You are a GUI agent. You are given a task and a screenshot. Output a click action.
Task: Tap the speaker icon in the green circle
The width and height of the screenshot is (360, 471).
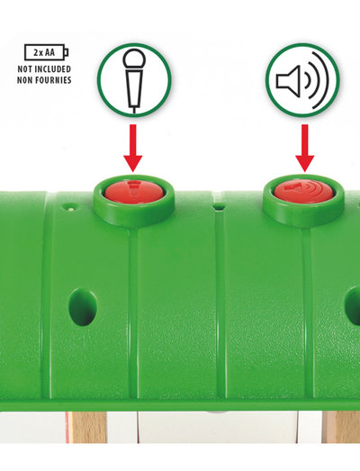click(x=302, y=80)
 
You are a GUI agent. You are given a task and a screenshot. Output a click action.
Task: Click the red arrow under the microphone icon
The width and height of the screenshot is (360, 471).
click(x=132, y=148)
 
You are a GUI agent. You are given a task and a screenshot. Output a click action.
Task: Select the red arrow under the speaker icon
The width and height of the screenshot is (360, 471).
click(x=305, y=148)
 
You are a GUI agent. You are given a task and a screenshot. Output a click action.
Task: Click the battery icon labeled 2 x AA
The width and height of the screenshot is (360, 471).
click(x=46, y=52)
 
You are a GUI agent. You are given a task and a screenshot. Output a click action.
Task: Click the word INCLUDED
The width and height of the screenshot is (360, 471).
click(x=52, y=69)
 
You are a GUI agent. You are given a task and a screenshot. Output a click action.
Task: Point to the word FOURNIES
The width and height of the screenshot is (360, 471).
click(x=52, y=80)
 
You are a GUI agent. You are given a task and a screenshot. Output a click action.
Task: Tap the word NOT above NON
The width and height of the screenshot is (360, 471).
click(x=24, y=69)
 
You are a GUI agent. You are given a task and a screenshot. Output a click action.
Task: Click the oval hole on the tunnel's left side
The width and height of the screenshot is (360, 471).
click(x=83, y=307)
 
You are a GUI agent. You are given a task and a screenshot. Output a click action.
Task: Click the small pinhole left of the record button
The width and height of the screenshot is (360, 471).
click(x=70, y=207)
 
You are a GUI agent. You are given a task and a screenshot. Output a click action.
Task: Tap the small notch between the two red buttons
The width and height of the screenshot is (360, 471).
click(x=220, y=207)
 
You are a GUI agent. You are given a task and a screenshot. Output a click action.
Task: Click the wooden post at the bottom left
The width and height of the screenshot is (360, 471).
click(x=88, y=427)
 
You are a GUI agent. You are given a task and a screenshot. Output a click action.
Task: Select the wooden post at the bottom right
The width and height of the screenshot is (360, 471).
click(x=341, y=427)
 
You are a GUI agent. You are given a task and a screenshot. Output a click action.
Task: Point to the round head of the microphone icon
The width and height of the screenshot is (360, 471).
click(x=134, y=59)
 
